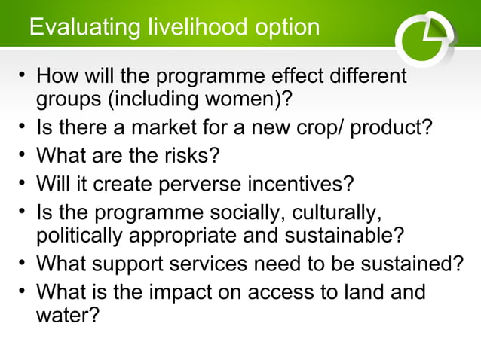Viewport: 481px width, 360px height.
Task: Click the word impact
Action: pos(195,291)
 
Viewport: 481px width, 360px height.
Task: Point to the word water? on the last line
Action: pos(67,314)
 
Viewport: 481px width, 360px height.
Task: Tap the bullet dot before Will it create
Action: pos(23,182)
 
